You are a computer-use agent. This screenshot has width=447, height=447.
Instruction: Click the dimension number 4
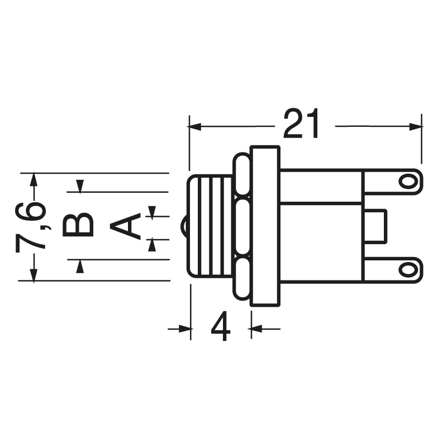pos(221,327)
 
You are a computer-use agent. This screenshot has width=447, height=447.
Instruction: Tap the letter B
pos(78,225)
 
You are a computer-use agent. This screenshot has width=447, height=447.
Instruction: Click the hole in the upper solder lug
pos(408,181)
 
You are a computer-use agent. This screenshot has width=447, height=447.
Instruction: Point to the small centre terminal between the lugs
pos(375,226)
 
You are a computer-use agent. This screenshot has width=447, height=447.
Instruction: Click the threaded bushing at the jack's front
pos(210,226)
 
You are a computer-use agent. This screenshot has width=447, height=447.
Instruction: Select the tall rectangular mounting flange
pos(264,226)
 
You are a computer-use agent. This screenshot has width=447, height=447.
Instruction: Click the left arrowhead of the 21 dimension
pos(195,127)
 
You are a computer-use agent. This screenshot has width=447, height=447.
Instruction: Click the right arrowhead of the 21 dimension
pos(416,127)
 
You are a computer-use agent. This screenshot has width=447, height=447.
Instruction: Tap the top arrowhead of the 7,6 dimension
pos(34,179)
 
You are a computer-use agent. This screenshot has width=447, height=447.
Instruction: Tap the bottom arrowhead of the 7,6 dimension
pos(34,275)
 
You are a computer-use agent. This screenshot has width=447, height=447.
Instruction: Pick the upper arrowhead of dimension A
pos(152,211)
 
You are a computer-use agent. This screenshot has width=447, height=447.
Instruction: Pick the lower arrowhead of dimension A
pos(152,244)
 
